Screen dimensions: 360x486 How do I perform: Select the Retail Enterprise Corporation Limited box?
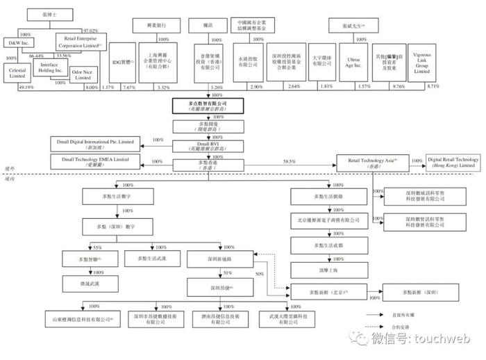pos(79,43)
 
